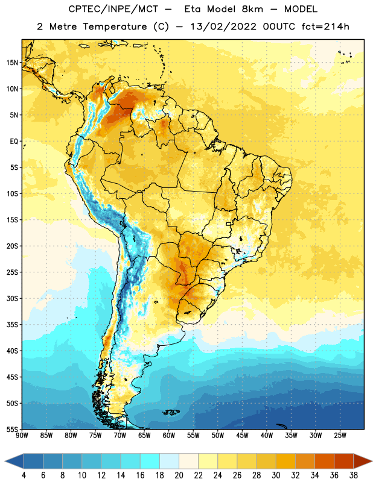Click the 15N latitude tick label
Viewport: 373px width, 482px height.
[x=12, y=63]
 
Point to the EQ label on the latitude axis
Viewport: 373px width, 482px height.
[x=14, y=142]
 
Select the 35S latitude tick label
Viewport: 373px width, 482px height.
[x=12, y=325]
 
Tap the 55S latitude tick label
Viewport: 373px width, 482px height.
[x=12, y=430]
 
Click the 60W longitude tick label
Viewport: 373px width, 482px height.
[x=169, y=436]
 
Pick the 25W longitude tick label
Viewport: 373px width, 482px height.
[x=340, y=436]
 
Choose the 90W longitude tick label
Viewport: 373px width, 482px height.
[x=22, y=436]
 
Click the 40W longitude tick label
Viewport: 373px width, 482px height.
[x=267, y=436]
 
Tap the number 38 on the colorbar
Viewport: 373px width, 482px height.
[x=353, y=475]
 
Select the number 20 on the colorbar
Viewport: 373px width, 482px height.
[x=179, y=475]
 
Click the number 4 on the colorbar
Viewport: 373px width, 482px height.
[x=24, y=475]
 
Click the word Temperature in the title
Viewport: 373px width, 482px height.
[x=115, y=27]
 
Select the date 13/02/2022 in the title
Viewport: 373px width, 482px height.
[x=223, y=27]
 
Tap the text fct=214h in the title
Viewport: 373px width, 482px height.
[x=325, y=27]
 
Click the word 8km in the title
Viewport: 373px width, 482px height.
[x=252, y=9]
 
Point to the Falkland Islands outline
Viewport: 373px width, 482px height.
[x=171, y=412]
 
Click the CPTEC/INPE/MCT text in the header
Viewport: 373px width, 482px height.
[x=113, y=9]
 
